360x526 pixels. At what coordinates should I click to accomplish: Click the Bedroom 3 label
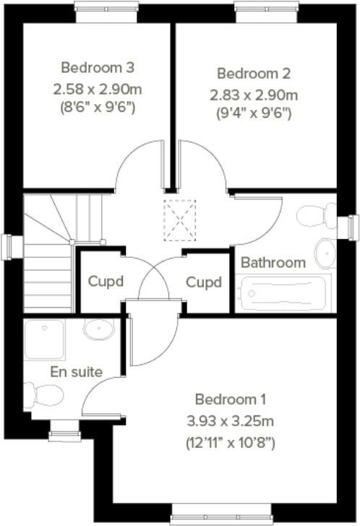coord(98,68)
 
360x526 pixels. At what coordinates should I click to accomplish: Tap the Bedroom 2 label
coord(254,73)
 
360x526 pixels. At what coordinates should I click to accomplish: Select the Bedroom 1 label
coord(231,398)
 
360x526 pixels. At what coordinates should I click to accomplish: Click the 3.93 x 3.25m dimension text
coord(231,421)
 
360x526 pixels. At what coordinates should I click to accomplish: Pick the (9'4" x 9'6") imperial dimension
coord(254,113)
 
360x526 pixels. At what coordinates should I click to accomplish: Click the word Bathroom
coord(273,262)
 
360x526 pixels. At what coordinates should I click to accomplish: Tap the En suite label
coord(76,372)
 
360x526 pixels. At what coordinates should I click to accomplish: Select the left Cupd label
coord(106,282)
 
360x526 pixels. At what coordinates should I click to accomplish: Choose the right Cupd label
coord(204,282)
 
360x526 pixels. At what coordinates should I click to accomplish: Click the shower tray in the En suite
coord(45,340)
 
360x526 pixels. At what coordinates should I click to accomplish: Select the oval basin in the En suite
coord(98,331)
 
